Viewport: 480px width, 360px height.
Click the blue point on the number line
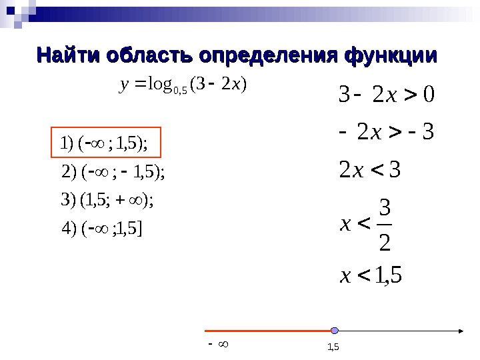point(335,330)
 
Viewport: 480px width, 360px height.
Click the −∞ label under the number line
point(219,345)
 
